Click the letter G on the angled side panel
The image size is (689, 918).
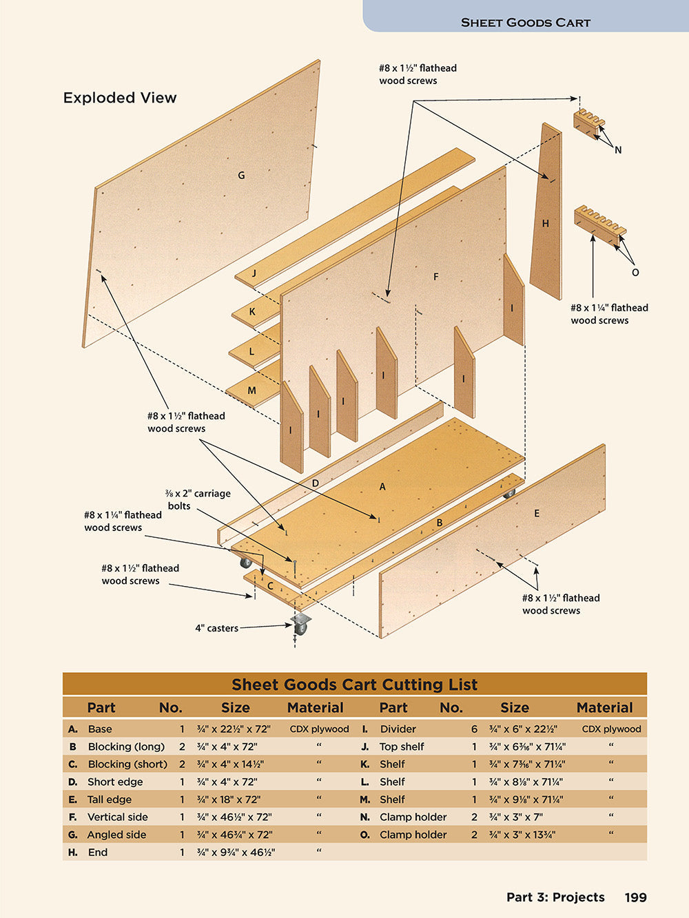coord(241,176)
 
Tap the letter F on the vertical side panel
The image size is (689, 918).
coord(435,277)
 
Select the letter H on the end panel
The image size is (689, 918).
coord(546,223)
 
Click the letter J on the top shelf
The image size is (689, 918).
coord(254,273)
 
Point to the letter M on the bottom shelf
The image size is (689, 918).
coord(251,390)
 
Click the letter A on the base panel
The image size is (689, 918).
coord(382,487)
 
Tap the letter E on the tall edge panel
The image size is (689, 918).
coord(537,513)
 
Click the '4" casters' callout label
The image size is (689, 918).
coord(216,628)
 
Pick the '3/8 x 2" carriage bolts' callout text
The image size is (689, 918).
coord(198,499)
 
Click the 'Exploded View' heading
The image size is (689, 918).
coord(120,98)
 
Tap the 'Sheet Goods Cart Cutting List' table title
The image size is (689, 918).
coord(354,685)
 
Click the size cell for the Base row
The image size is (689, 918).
coord(234,729)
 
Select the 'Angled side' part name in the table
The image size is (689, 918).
coord(116,835)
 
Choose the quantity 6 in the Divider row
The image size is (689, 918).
coord(474,729)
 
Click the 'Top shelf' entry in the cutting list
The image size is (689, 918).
coord(402,747)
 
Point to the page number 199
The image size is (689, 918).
coord(635,897)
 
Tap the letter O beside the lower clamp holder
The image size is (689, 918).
coord(635,273)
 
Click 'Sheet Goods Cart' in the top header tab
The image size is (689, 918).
coord(526,22)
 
